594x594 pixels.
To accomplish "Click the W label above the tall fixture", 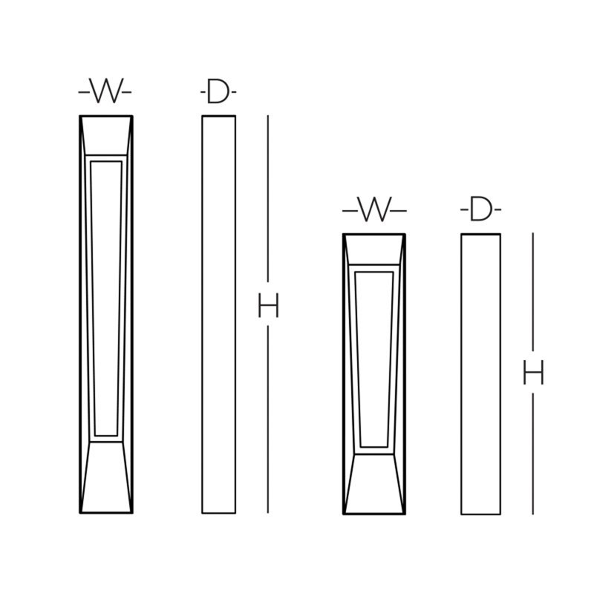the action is click(x=105, y=91).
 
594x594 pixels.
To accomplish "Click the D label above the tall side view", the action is click(x=218, y=91).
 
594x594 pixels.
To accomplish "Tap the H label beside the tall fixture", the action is click(x=268, y=305).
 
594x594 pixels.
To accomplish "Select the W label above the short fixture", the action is click(x=374, y=209).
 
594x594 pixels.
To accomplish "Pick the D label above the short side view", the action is click(x=480, y=209).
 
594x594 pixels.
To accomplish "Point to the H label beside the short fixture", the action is click(x=533, y=372).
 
